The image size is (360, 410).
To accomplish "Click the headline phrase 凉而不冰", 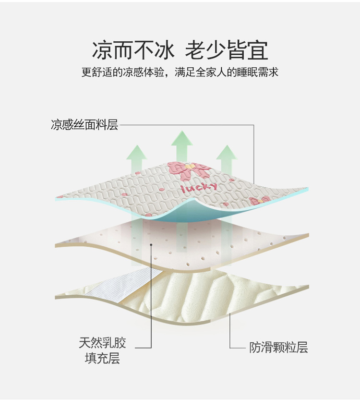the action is [133, 50].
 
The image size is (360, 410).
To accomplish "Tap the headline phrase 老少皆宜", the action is [227, 50].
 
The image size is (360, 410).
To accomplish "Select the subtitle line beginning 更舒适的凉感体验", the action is [180, 72].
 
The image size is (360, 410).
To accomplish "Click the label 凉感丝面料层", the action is [84, 125].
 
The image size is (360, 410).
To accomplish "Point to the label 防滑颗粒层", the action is [278, 348].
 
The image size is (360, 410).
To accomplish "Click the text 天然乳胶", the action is [103, 343].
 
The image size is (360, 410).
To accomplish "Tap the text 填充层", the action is [102, 358].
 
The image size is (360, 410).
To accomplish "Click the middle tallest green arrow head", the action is [182, 138].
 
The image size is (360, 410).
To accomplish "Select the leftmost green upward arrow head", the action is [136, 152].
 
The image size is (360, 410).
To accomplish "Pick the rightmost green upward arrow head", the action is [227, 152].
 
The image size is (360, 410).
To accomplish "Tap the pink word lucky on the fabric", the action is [199, 187].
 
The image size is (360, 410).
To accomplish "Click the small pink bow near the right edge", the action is [259, 201].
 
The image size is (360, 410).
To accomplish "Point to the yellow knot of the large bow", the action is [190, 166].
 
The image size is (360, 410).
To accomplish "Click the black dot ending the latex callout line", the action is [151, 245].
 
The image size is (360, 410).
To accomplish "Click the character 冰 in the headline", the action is [164, 50].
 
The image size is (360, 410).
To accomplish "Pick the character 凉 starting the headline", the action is [102, 50].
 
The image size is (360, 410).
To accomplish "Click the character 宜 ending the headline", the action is [258, 50].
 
